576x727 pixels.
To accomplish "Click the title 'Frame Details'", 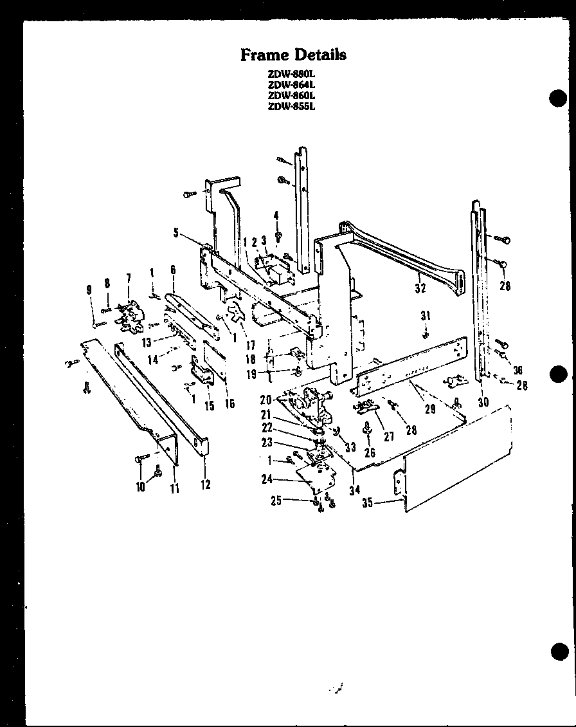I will pyautogui.click(x=293, y=55).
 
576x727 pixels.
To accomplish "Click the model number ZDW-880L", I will pyautogui.click(x=292, y=73).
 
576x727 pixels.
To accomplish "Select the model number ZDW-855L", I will pyautogui.click(x=292, y=107).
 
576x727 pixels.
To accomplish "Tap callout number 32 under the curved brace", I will pyautogui.click(x=420, y=288).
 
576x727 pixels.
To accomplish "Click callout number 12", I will pyautogui.click(x=206, y=484).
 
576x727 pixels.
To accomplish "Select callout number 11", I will pyautogui.click(x=174, y=488).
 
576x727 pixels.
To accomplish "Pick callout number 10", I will pyautogui.click(x=139, y=487).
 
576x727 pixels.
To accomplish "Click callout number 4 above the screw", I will pyautogui.click(x=276, y=216).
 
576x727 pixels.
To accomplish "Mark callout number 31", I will pyautogui.click(x=425, y=315).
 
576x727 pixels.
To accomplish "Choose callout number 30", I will pyautogui.click(x=483, y=402).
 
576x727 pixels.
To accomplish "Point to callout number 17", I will pyautogui.click(x=250, y=345).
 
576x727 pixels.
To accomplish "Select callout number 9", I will pyautogui.click(x=90, y=290).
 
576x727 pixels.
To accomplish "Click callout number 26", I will pyautogui.click(x=370, y=452).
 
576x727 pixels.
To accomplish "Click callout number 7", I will pyautogui.click(x=128, y=278).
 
